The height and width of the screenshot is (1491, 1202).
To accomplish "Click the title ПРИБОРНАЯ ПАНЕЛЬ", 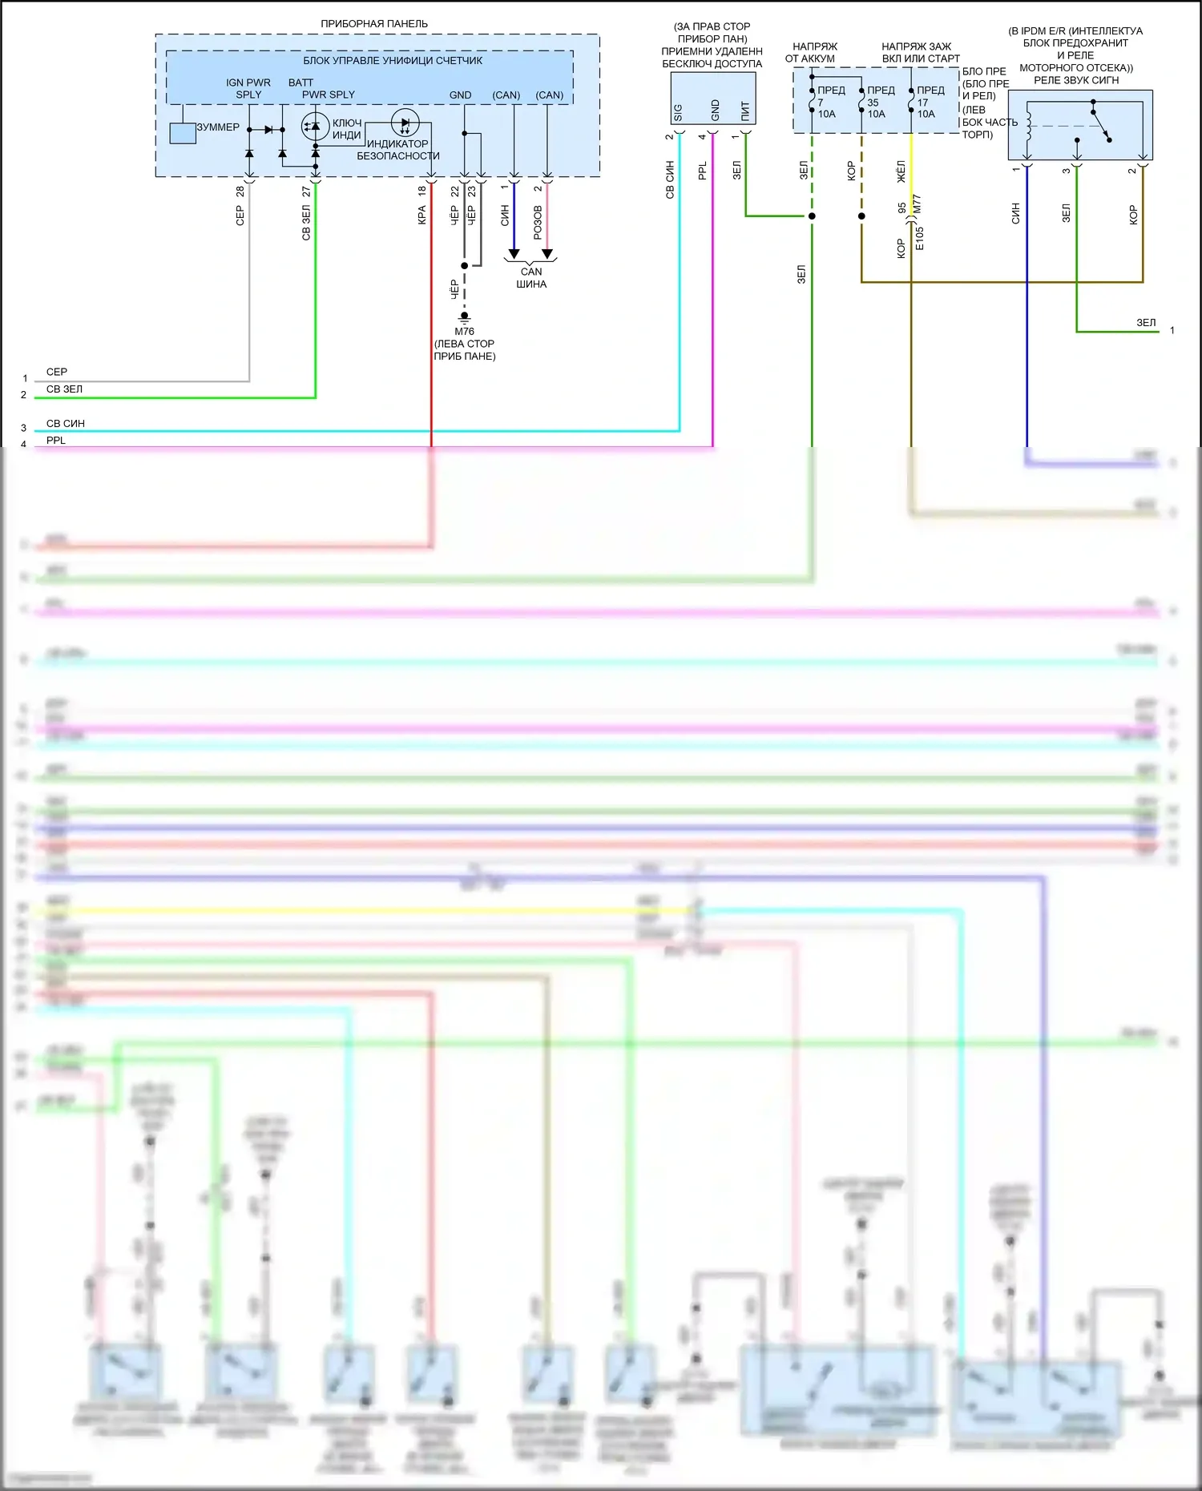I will [x=374, y=24].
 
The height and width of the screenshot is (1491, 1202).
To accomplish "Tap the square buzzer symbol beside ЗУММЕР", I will [x=183, y=133].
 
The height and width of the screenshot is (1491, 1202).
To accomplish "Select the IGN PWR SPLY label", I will [x=248, y=88].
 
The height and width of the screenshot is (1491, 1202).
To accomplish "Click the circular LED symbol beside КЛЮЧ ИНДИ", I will [x=315, y=127].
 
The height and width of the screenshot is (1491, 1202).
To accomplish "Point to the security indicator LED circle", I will [x=405, y=123].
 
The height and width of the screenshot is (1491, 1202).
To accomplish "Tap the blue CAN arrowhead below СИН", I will [x=514, y=254].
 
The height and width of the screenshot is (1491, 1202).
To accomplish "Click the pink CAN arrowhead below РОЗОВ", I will [x=547, y=254].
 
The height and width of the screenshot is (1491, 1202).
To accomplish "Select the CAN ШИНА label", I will [x=531, y=278].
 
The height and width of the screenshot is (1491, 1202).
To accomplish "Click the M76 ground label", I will [x=464, y=331].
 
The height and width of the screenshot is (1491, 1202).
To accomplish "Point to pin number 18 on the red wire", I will [x=422, y=191].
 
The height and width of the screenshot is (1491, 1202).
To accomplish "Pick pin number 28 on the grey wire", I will [x=240, y=191].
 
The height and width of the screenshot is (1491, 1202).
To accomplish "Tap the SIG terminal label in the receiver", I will [x=678, y=112].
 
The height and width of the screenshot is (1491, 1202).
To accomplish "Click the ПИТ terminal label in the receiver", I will [x=745, y=110].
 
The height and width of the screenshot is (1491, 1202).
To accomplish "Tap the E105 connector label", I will [x=920, y=238].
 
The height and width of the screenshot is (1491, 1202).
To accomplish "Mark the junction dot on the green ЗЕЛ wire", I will [x=812, y=216].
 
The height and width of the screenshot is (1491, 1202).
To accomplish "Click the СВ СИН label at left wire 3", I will [x=66, y=423].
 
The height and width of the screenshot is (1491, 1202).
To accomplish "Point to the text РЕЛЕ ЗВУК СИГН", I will [x=1076, y=80].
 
